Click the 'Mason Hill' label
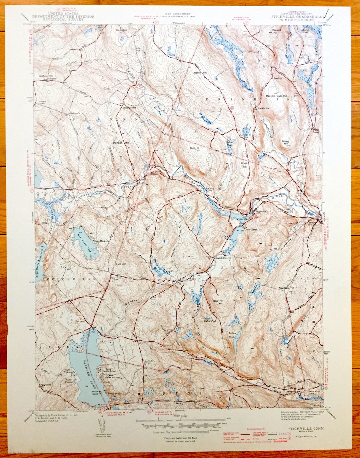click(200, 73)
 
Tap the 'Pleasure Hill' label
click(276, 32)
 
